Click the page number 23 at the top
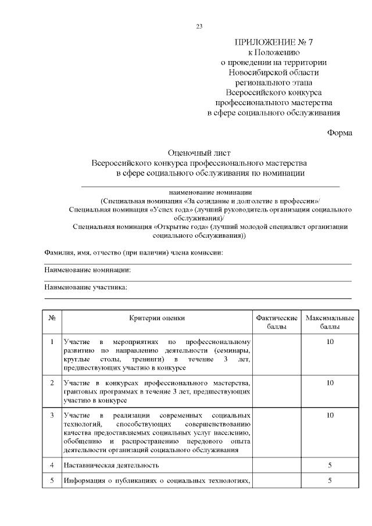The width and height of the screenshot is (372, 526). tap(199, 26)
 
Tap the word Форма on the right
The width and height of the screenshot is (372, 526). tap(339, 133)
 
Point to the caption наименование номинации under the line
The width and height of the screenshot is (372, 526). tap(210, 191)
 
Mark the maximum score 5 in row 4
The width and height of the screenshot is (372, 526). tap(330, 465)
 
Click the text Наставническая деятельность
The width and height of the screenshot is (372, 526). tap(112, 465)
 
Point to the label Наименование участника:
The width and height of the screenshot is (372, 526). tap(85, 288)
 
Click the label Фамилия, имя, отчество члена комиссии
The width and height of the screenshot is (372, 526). tap(134, 253)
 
